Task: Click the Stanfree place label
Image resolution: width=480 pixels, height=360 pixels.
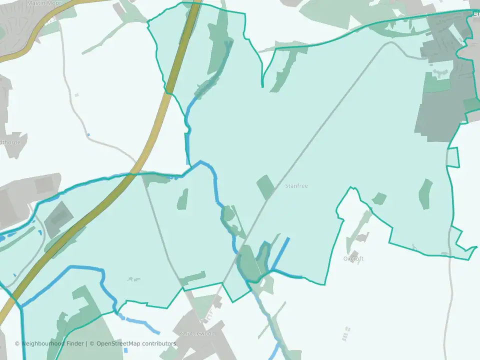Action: (x=296, y=186)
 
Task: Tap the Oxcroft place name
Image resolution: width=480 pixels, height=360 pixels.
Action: (x=353, y=259)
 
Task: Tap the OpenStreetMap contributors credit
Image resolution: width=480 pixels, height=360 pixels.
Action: (x=136, y=343)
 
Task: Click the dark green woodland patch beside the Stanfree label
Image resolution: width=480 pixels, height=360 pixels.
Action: (x=265, y=187)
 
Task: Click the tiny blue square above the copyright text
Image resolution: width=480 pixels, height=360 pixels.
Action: (x=125, y=350)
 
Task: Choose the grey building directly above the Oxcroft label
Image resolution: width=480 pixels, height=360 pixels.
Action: (x=354, y=253)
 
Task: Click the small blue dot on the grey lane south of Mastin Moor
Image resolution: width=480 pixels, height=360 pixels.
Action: (x=88, y=134)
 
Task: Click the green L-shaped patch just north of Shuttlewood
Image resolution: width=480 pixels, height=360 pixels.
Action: (x=193, y=278)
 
